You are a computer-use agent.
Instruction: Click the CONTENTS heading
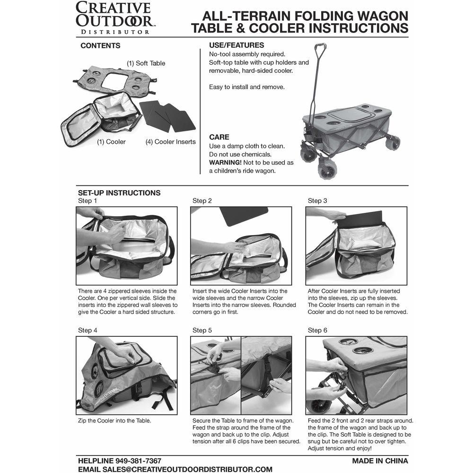pyautogui.click(x=100, y=46)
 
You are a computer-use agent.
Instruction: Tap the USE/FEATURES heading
pyautogui.click(x=236, y=45)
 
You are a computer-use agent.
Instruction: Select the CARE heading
pyautogui.click(x=219, y=137)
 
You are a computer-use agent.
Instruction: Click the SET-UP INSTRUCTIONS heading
pyautogui.click(x=119, y=193)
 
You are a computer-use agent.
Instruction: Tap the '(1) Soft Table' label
pyautogui.click(x=146, y=63)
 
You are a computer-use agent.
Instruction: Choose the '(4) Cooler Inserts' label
pyautogui.click(x=170, y=141)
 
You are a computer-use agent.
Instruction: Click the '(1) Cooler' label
pyautogui.click(x=111, y=141)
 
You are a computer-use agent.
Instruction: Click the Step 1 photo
pyautogui.click(x=127, y=245)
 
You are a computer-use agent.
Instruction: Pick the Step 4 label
pyautogui.click(x=88, y=330)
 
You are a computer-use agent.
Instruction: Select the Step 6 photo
pyautogui.click(x=356, y=375)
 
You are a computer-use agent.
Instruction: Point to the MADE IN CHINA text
pyautogui.click(x=379, y=460)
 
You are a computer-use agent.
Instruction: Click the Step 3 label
pyautogui.click(x=317, y=201)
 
